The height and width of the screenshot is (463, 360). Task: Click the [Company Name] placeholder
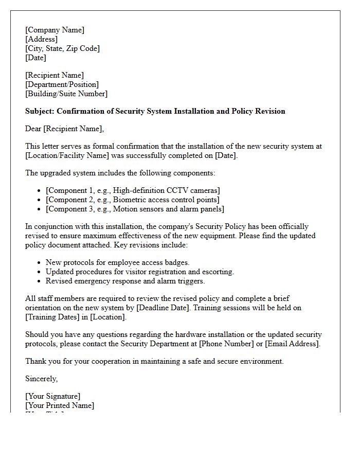(55, 30)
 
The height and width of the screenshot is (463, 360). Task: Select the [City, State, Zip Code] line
(62, 48)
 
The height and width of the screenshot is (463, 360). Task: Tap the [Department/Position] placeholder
(62, 84)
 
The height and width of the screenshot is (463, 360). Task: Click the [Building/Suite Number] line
(66, 94)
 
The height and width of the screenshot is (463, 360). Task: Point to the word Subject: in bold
(40, 111)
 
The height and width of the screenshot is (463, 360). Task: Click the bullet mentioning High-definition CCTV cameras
(133, 190)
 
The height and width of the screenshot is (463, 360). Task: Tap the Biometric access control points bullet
(132, 200)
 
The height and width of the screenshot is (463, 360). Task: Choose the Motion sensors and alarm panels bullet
(135, 209)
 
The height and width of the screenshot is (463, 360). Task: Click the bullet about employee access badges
(117, 262)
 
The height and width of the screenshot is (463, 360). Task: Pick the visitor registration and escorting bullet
(139, 272)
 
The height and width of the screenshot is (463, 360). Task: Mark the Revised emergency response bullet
(125, 281)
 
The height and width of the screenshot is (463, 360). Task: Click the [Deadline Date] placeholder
(161, 308)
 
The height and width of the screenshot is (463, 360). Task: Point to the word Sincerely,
(42, 379)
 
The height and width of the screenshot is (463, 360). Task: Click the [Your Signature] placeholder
(52, 396)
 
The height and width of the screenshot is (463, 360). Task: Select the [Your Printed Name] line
(60, 405)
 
